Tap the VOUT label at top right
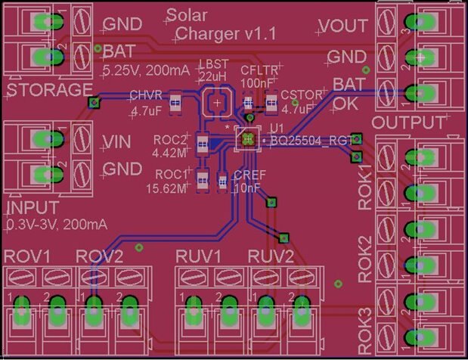tap(342, 25)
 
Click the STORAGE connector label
tap(49, 91)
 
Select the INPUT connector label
tap(33, 208)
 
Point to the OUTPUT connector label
tap(408, 123)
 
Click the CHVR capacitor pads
tap(175, 102)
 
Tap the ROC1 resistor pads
tap(202, 179)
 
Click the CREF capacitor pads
tap(222, 180)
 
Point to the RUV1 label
tap(199, 256)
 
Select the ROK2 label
tap(365, 259)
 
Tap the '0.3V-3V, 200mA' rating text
tap(57, 225)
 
